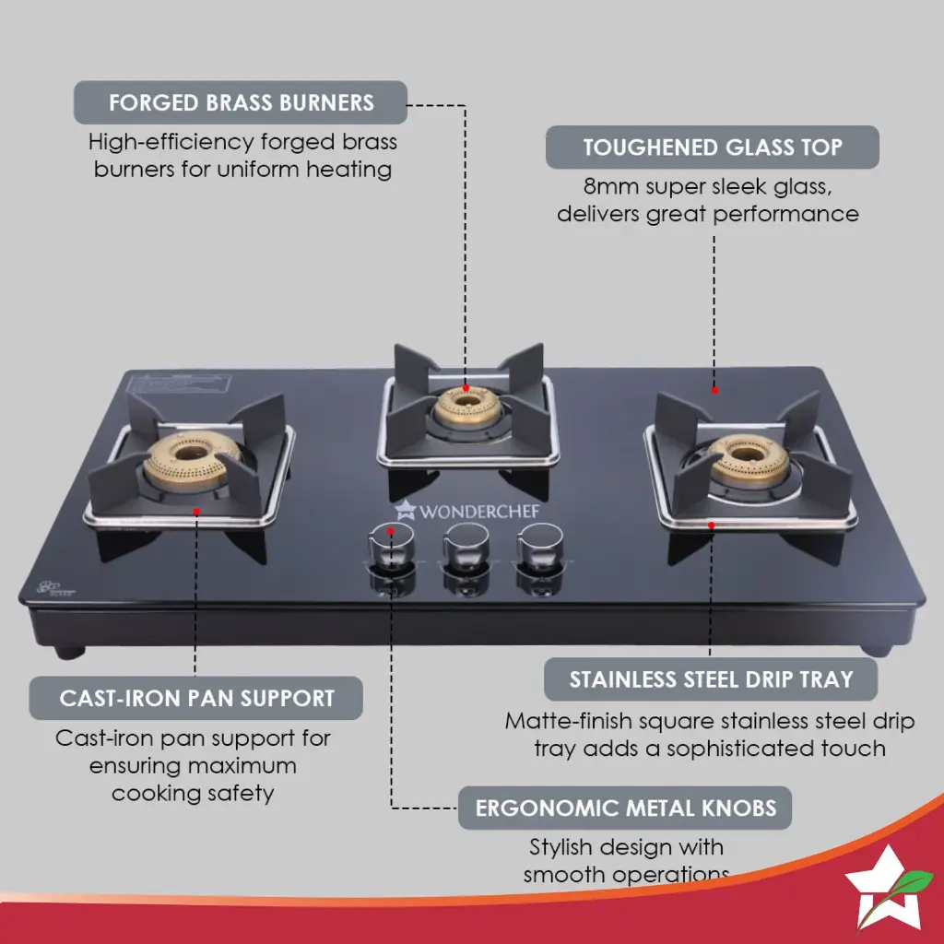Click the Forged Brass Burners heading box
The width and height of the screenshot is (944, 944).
point(240,102)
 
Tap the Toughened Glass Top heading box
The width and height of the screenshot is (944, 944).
point(712,147)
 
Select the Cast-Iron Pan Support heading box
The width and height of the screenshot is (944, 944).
point(195,698)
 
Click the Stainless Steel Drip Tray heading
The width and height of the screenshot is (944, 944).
point(710,679)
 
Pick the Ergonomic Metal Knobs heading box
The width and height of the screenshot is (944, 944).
point(625,808)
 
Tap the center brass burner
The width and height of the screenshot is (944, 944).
point(466,406)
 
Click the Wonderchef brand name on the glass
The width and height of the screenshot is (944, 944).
point(479,509)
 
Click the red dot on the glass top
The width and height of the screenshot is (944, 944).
point(714,391)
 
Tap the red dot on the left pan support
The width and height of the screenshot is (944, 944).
point(196,508)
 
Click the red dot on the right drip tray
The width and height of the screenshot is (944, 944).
point(711,525)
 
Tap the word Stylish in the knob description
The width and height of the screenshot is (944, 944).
point(562,846)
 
